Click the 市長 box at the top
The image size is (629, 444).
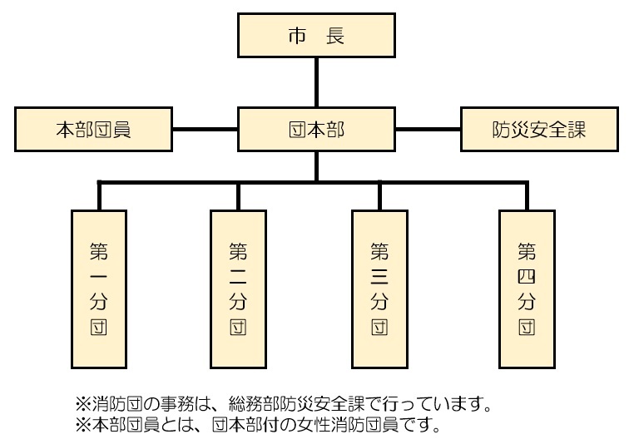coord(316,37)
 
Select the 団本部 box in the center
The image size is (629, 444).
coord(316,130)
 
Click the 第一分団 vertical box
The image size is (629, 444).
coord(99,288)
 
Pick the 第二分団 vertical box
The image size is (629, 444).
coord(238,288)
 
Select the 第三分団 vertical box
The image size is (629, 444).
coord(379,288)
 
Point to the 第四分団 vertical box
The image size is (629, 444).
coord(526,288)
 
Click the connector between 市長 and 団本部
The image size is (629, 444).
coord(316,83)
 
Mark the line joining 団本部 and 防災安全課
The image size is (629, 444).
coord(429,130)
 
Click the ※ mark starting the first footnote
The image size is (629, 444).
coord(83,406)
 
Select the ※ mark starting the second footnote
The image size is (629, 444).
coord(83,426)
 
